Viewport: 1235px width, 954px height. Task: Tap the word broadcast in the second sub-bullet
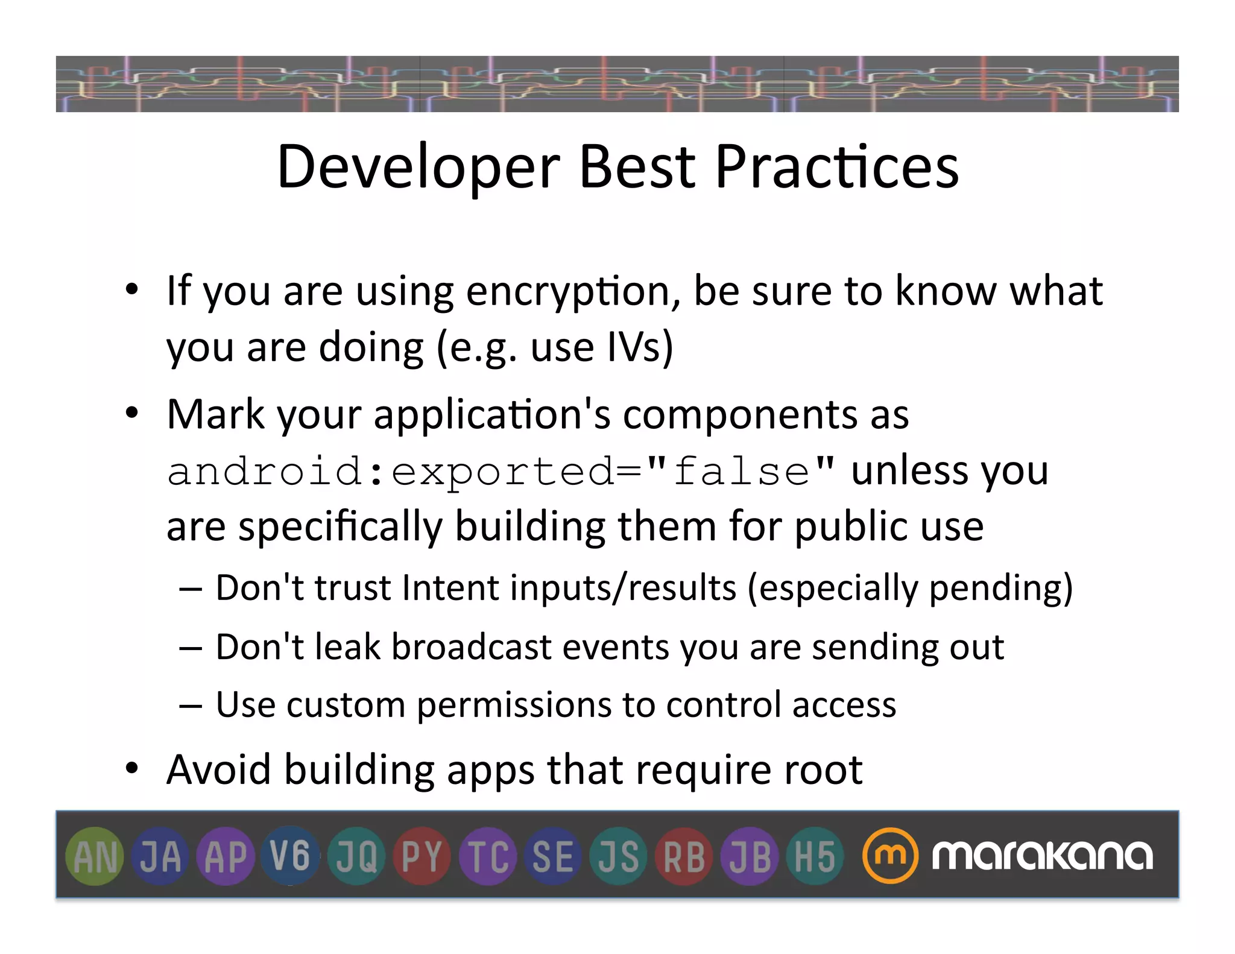[x=471, y=647]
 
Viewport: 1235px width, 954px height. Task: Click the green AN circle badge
[x=94, y=856]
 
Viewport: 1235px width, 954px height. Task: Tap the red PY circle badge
[x=422, y=856]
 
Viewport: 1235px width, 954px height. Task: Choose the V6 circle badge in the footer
[x=290, y=856]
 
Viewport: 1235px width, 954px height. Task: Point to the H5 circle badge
[x=815, y=856]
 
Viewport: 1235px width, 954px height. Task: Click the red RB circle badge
[x=684, y=856]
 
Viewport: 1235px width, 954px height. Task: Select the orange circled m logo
[x=890, y=856]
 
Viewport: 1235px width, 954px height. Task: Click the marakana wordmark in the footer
[x=1042, y=855]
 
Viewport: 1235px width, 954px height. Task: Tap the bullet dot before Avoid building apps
[x=132, y=769]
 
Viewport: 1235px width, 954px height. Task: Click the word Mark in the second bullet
[x=215, y=415]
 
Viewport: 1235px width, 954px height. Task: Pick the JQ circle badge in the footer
[x=356, y=856]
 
